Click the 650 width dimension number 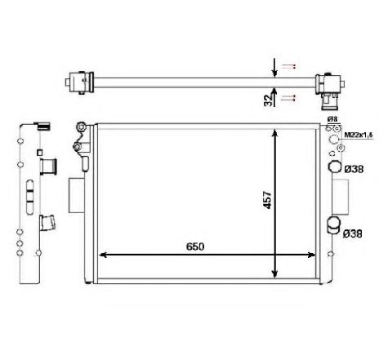[x=194, y=245]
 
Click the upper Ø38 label [x=354, y=169]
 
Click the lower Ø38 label [x=354, y=234]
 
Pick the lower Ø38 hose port [x=333, y=224]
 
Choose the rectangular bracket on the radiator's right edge [x=340, y=196]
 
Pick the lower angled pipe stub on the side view [x=47, y=221]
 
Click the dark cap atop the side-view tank [x=41, y=127]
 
